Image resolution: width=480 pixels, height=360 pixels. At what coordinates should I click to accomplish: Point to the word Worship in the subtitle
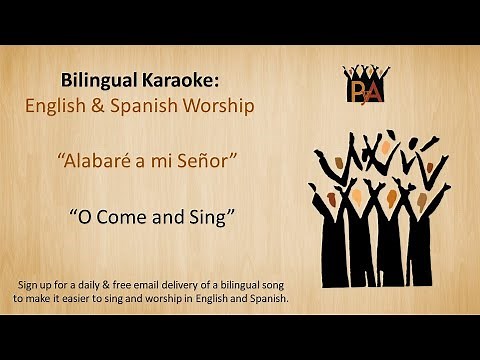(x=221, y=103)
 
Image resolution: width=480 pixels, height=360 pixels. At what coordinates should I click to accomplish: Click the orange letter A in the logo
(x=373, y=92)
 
